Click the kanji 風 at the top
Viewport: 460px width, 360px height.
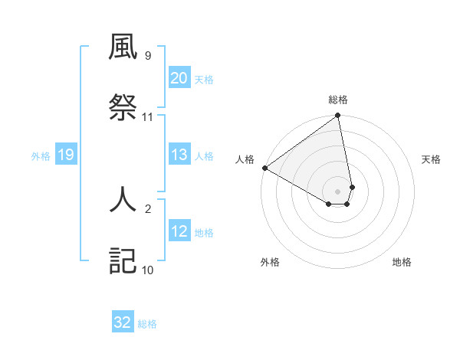[x=123, y=47]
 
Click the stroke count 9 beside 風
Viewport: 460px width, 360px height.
[x=147, y=56]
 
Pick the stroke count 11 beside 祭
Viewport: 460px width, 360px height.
[x=148, y=117]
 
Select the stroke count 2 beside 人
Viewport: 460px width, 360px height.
[x=147, y=208]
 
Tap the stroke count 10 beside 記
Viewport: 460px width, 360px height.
[x=148, y=270]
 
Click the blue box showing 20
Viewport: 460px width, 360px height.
[x=179, y=78]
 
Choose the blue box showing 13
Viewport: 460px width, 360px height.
[x=179, y=155]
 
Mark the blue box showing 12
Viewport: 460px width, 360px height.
[x=179, y=231]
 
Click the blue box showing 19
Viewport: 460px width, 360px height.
[x=65, y=155]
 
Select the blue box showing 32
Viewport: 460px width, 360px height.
[x=123, y=322]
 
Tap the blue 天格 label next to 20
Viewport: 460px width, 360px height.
[x=204, y=79]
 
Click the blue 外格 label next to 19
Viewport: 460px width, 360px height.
[x=41, y=156]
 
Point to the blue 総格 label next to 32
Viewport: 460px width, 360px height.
[x=147, y=324]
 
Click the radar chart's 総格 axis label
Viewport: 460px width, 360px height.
[x=338, y=100]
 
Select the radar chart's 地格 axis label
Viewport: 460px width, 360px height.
[x=402, y=262]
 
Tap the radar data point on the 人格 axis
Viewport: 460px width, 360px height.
[x=264, y=168]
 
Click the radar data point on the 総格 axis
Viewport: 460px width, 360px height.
[x=337, y=116]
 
